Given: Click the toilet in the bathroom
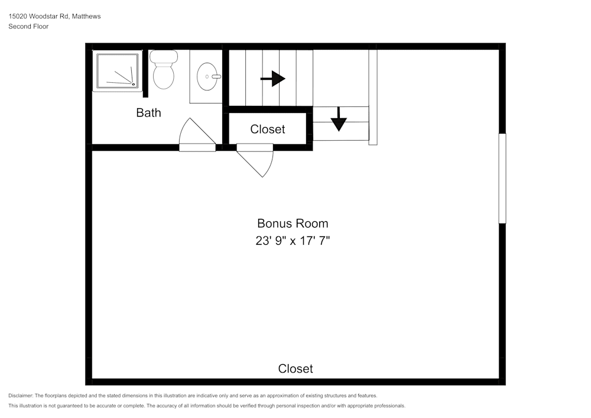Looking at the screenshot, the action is click(x=164, y=70).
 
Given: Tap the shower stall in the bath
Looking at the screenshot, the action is click(x=118, y=71).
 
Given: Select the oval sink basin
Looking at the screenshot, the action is click(x=207, y=76).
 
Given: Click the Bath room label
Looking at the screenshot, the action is click(x=148, y=113).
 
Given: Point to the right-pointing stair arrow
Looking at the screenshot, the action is click(x=273, y=79).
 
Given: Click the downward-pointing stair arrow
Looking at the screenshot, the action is click(x=339, y=119).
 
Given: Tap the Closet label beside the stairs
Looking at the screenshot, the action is click(x=268, y=129).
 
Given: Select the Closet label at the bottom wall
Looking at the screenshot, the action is click(x=295, y=368).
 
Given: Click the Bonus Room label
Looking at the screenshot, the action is click(x=293, y=223).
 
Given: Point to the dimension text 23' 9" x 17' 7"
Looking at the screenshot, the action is click(x=293, y=241).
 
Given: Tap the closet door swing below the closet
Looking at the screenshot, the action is click(x=255, y=160).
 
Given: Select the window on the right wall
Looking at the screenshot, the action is click(x=502, y=179).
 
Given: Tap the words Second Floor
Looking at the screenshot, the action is click(x=28, y=27).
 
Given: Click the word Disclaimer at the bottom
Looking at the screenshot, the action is click(x=21, y=396).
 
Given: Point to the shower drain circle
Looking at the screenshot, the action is click(x=133, y=84).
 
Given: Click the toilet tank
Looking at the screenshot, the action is click(x=164, y=57).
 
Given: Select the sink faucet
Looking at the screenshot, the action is click(x=216, y=76).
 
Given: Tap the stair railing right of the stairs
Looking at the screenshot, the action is click(x=373, y=97).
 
